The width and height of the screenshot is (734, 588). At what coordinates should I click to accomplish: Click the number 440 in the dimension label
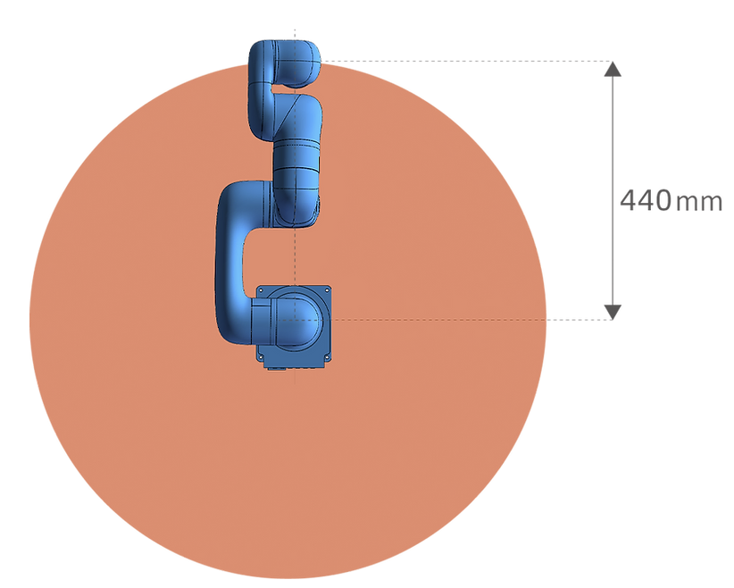(x=646, y=200)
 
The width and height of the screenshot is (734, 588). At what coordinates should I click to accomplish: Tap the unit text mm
(x=699, y=202)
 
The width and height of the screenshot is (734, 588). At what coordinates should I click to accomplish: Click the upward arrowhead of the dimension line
(x=613, y=69)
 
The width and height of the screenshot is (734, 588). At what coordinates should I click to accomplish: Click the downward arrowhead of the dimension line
(x=613, y=312)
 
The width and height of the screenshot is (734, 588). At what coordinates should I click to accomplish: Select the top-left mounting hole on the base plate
(x=262, y=291)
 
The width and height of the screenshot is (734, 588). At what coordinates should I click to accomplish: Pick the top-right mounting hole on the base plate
(x=326, y=291)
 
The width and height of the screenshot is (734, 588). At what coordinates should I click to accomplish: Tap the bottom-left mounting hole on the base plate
(x=262, y=357)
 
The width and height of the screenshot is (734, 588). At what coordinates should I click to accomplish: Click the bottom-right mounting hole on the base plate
(x=326, y=357)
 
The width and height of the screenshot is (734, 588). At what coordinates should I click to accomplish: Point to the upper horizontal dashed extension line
(x=466, y=62)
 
